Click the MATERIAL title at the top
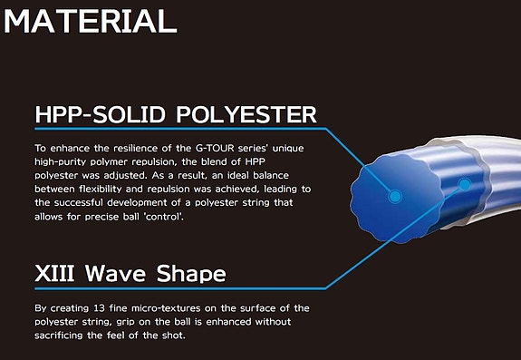[x=88, y=20]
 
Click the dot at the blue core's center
[x=393, y=196]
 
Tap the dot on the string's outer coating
[x=465, y=184]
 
